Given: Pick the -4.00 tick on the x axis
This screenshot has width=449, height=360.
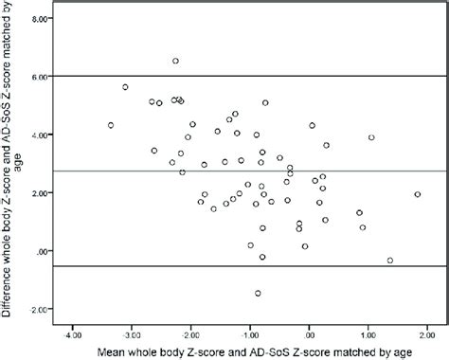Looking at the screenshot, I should (x=73, y=333).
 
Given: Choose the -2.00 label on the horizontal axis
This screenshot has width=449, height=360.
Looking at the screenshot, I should (x=191, y=333).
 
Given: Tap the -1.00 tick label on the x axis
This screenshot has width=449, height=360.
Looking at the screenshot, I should (x=250, y=333).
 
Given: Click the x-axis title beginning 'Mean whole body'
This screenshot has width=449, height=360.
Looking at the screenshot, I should (x=251, y=351).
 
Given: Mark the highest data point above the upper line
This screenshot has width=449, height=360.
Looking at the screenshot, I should (x=175, y=61).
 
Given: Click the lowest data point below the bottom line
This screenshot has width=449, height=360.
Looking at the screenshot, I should (x=258, y=294).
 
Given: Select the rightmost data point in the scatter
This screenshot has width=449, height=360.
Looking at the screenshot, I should (x=417, y=194).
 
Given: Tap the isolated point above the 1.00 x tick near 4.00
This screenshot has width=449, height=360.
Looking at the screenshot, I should (x=371, y=137).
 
